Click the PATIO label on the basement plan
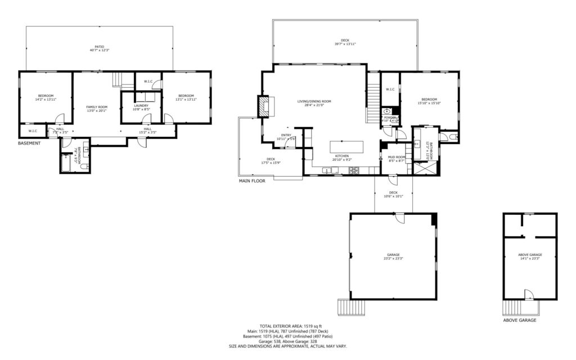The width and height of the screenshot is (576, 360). (x=99, y=47)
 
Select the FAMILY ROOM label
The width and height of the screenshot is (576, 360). (x=96, y=107)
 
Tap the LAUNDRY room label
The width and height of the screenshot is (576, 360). (x=141, y=105)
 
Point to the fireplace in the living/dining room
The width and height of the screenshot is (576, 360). (x=264, y=106)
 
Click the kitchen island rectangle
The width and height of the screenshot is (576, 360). (x=346, y=147)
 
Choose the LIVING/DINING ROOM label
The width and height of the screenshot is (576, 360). (x=314, y=101)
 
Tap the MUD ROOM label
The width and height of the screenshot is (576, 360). (x=397, y=157)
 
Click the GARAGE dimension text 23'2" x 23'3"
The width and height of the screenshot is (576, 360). (x=393, y=259)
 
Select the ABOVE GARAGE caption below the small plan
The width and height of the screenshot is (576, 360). (x=519, y=320)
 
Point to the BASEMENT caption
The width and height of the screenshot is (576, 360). (x=29, y=143)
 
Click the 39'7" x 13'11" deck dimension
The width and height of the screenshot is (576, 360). (x=345, y=44)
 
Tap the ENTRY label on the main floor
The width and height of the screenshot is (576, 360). (x=286, y=135)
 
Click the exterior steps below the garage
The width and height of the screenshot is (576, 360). (x=348, y=307)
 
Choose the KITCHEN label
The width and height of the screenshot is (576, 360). (x=342, y=155)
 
